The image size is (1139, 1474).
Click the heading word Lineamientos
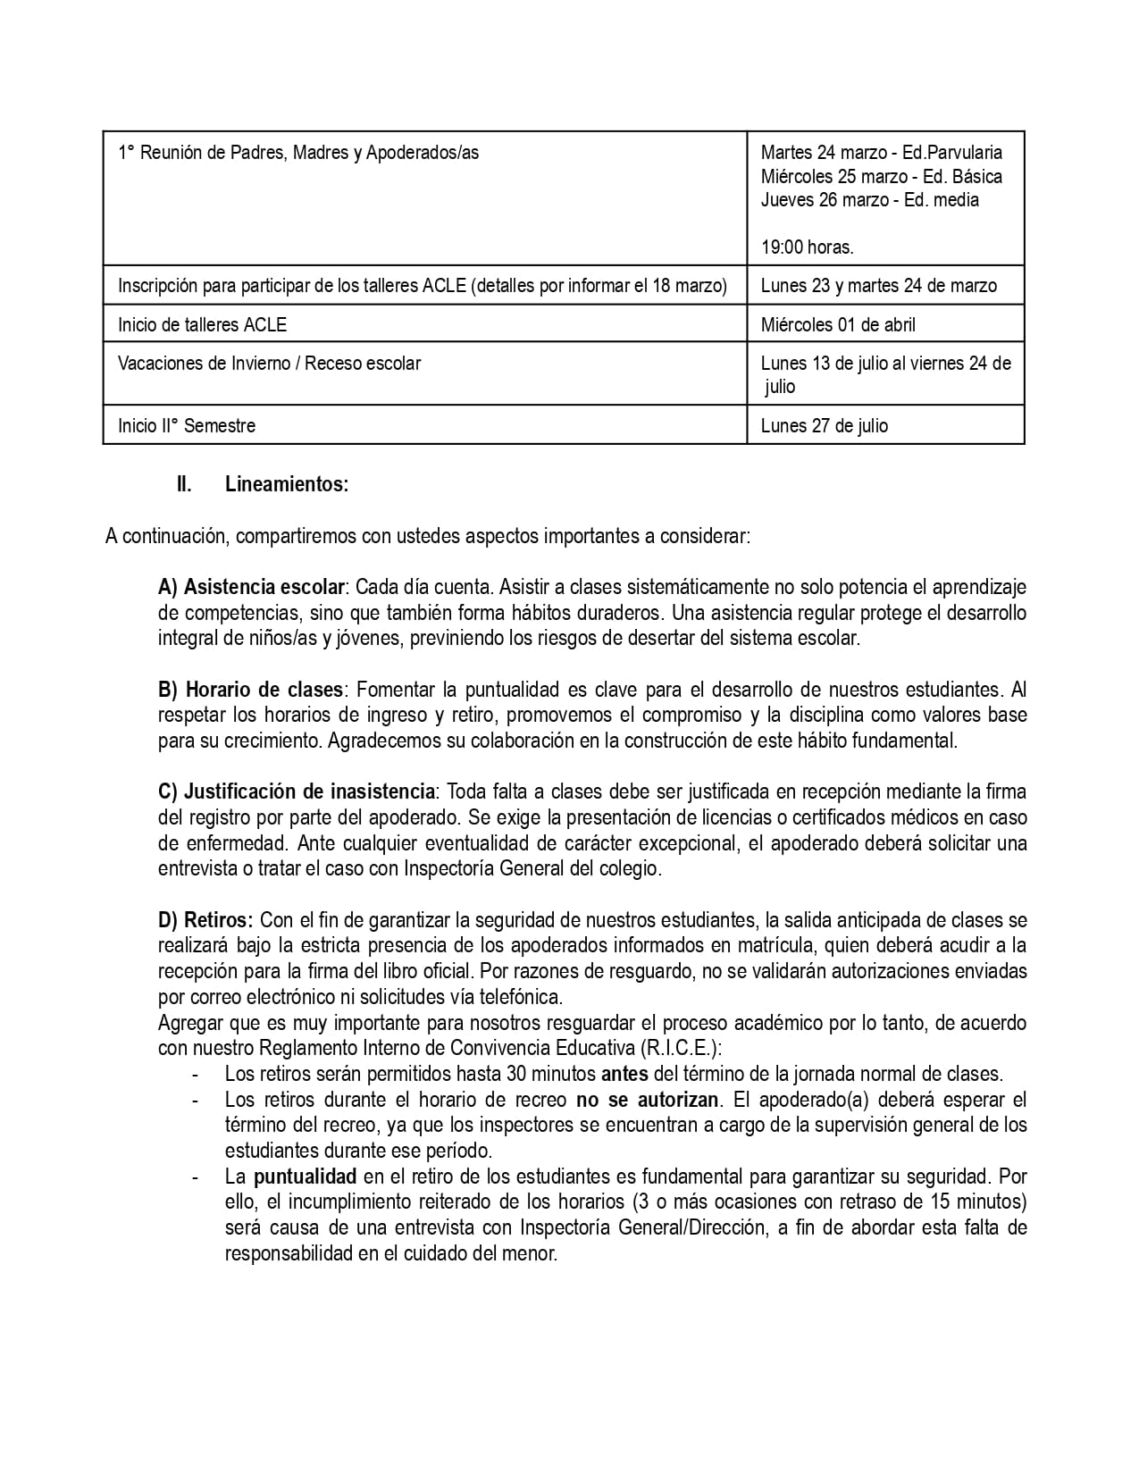286,485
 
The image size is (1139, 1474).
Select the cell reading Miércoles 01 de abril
838,324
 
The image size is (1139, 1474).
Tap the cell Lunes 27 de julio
824,425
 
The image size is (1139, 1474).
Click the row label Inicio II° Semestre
187,425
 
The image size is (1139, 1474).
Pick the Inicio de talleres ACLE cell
202,324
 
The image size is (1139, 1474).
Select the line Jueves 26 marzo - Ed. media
869,200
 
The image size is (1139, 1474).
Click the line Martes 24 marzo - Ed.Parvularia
881,153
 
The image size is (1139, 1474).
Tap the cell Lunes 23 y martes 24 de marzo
878,286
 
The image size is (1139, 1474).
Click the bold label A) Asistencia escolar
251,588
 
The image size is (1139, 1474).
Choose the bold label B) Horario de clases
250,690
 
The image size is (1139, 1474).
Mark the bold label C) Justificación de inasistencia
297,791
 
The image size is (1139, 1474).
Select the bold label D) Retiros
206,920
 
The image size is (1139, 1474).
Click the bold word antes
624,1074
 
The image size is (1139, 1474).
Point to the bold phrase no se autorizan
648,1100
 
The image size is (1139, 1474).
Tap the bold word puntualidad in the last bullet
305,1177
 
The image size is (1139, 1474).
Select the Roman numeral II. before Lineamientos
184,485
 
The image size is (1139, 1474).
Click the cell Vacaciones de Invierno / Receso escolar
269,364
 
